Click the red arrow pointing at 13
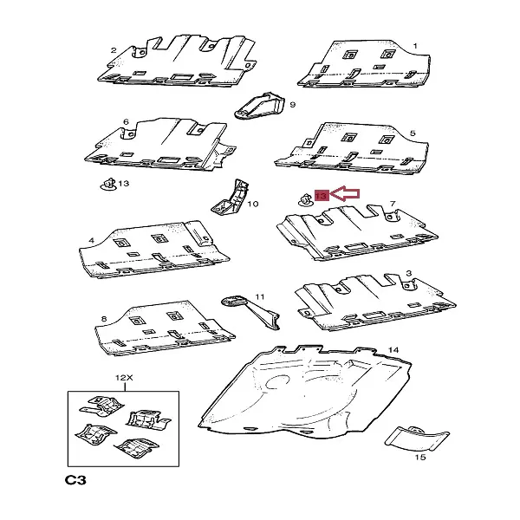[x=345, y=193]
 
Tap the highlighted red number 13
[x=322, y=195]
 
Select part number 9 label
[x=293, y=105]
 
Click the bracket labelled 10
[x=231, y=198]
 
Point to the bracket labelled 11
[x=251, y=311]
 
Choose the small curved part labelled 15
[x=417, y=439]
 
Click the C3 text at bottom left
[x=75, y=480]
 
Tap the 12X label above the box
[x=124, y=377]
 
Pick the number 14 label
[x=393, y=350]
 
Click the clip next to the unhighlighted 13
[x=108, y=185]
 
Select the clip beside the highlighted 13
[x=305, y=199]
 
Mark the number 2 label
[x=114, y=50]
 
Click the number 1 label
[x=415, y=46]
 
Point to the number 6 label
[x=126, y=121]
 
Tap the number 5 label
[x=413, y=133]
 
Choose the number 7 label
[x=393, y=204]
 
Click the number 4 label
[x=92, y=240]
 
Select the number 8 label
[x=104, y=319]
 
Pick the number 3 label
[x=408, y=273]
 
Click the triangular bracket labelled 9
[x=260, y=106]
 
